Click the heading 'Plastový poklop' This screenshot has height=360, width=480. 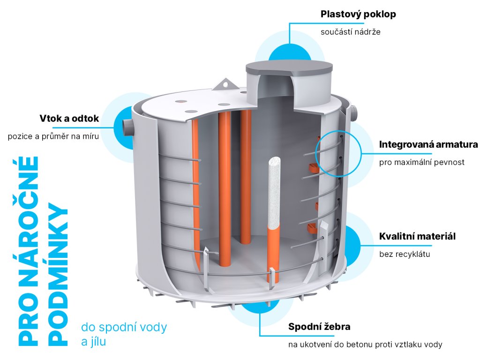tap(358, 14)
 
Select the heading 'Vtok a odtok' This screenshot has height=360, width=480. tap(69, 119)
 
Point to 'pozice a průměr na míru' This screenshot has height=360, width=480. tap(53, 137)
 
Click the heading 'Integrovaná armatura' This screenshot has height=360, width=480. tap(428, 144)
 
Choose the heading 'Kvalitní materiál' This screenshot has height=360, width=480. tap(417, 236)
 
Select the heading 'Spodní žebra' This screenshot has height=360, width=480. tap(319, 327)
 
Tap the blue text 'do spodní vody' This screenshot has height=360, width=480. tap(124, 327)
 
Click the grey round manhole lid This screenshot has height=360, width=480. tap(289, 68)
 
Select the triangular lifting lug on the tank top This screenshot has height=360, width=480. tap(224, 84)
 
